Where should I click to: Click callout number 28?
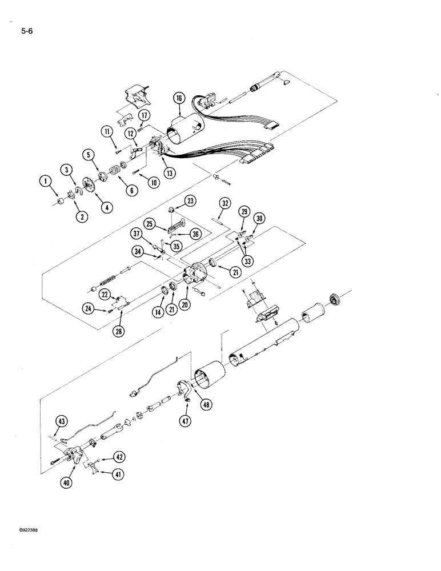tap(120, 331)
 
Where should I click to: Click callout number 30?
tap(260, 218)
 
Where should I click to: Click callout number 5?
tap(87, 154)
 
